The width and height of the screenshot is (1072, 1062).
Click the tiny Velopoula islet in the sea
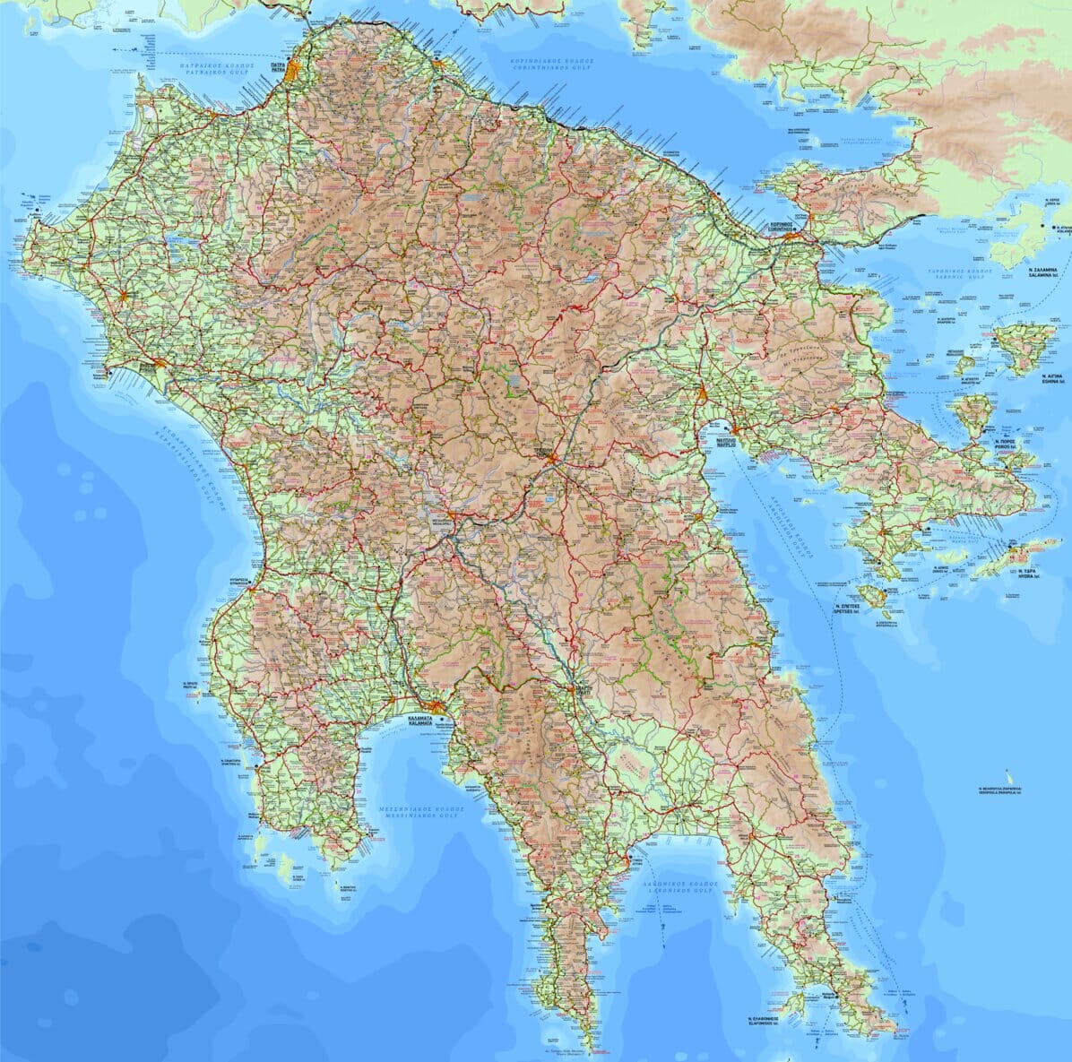(1010, 776)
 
